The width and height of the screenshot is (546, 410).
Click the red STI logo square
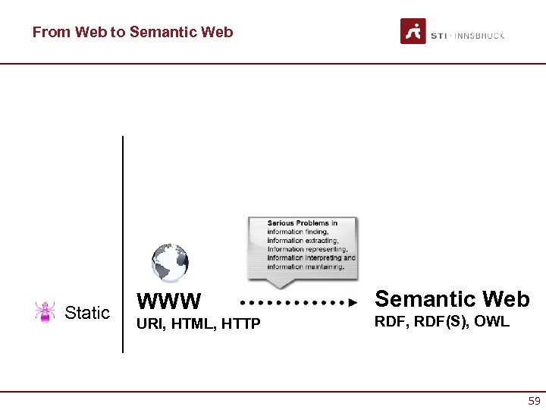(x=413, y=31)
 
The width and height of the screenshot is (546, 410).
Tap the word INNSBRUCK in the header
(x=481, y=36)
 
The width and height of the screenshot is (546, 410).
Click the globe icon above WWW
(x=169, y=262)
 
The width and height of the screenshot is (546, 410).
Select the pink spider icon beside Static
(x=45, y=312)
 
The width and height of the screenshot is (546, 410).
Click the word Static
(x=87, y=313)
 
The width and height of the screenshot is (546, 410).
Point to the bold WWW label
(x=168, y=302)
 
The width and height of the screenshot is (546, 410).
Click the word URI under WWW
(x=146, y=325)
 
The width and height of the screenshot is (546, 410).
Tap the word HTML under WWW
(x=187, y=325)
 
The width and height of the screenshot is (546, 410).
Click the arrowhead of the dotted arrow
(x=353, y=302)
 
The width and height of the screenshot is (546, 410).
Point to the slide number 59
(x=534, y=401)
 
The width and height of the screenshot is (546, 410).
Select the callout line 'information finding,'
(x=298, y=232)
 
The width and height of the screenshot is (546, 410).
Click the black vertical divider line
(x=122, y=243)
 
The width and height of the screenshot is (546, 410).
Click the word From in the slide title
(x=50, y=32)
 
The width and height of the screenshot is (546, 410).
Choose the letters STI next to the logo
(x=438, y=36)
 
